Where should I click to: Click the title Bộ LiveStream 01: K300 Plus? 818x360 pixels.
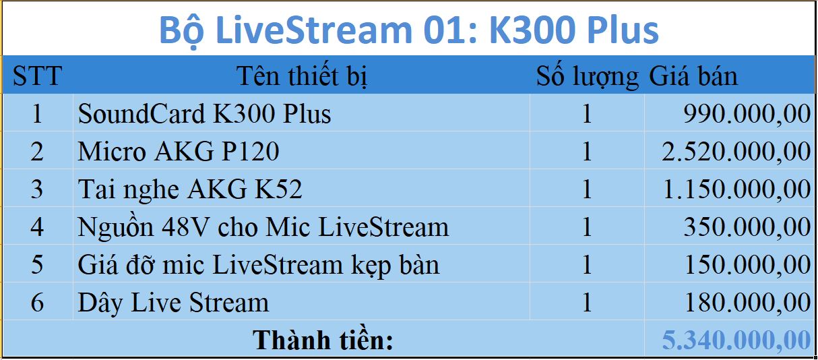click(x=408, y=30)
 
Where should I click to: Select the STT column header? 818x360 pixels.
click(x=37, y=76)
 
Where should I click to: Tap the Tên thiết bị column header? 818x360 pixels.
click(x=301, y=76)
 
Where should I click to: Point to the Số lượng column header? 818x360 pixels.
click(x=587, y=77)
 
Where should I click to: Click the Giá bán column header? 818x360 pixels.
click(x=693, y=76)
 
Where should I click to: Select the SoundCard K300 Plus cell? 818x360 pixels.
click(x=205, y=113)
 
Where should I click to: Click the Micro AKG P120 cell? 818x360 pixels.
click(x=179, y=151)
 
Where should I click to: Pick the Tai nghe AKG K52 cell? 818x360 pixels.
click(x=190, y=189)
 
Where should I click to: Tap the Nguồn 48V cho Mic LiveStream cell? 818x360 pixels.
click(x=263, y=227)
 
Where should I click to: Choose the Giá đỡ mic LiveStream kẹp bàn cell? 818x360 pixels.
click(x=259, y=264)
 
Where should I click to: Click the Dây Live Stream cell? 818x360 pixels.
click(x=173, y=302)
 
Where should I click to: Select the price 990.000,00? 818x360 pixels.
click(x=747, y=113)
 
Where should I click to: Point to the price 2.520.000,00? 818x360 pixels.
click(x=736, y=151)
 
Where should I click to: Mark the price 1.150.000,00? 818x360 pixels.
click(x=736, y=189)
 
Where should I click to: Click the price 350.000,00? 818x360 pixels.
click(x=747, y=227)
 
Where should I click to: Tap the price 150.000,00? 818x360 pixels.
click(x=747, y=264)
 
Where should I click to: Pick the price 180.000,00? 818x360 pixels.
click(x=747, y=302)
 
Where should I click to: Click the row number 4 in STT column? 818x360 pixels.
click(x=37, y=227)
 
